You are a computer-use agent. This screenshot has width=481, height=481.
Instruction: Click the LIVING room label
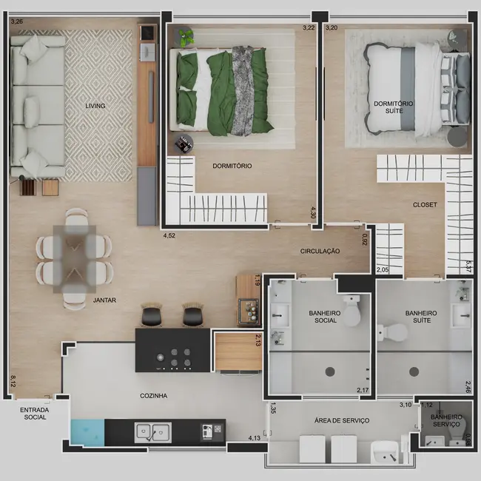(x=95, y=106)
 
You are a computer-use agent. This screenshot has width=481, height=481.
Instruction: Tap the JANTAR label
(x=104, y=300)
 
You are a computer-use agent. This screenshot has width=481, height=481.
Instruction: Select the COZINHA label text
(x=153, y=396)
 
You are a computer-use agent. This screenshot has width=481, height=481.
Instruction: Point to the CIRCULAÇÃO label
(x=320, y=252)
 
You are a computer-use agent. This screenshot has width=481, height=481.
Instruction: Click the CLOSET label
(x=425, y=204)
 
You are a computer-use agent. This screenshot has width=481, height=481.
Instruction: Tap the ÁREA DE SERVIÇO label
(x=342, y=420)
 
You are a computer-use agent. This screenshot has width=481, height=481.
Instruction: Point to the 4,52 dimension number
(x=170, y=237)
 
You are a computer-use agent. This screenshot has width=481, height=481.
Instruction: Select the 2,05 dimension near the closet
(x=383, y=271)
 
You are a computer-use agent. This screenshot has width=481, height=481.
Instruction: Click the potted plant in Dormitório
(x=185, y=34)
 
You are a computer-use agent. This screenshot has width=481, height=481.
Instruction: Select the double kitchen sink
(x=152, y=430)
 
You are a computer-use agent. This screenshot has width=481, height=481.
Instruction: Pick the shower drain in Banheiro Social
(x=330, y=371)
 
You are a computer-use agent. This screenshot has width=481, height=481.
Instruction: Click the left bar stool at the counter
(x=151, y=316)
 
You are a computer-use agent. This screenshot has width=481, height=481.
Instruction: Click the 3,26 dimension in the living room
(x=16, y=21)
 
